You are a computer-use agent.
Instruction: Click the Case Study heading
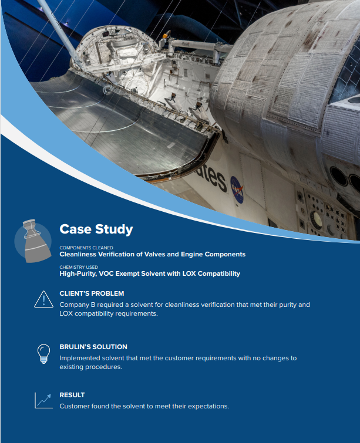96,229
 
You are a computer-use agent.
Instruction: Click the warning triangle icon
43,299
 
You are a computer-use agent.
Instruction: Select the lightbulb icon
43,353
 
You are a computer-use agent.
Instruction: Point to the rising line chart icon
43,400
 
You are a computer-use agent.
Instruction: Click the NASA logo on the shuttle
237,190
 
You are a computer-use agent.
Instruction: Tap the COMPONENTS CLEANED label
86,248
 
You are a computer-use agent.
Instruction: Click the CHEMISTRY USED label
79,267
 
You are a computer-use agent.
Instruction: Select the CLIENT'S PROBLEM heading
92,293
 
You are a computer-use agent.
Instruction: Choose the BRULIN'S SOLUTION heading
93,347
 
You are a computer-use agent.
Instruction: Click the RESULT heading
72,395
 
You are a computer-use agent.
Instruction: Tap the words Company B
77,305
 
